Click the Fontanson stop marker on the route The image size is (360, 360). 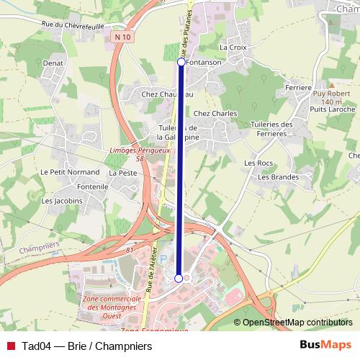[181, 63]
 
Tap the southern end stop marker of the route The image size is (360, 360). [179, 278]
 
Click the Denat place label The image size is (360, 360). [53, 63]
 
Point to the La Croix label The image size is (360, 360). [233, 47]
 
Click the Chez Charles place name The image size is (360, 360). [215, 113]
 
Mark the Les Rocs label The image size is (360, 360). [258, 163]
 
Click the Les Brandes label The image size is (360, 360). [278, 176]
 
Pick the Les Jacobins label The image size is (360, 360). [63, 201]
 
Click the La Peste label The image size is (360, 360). [123, 174]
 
